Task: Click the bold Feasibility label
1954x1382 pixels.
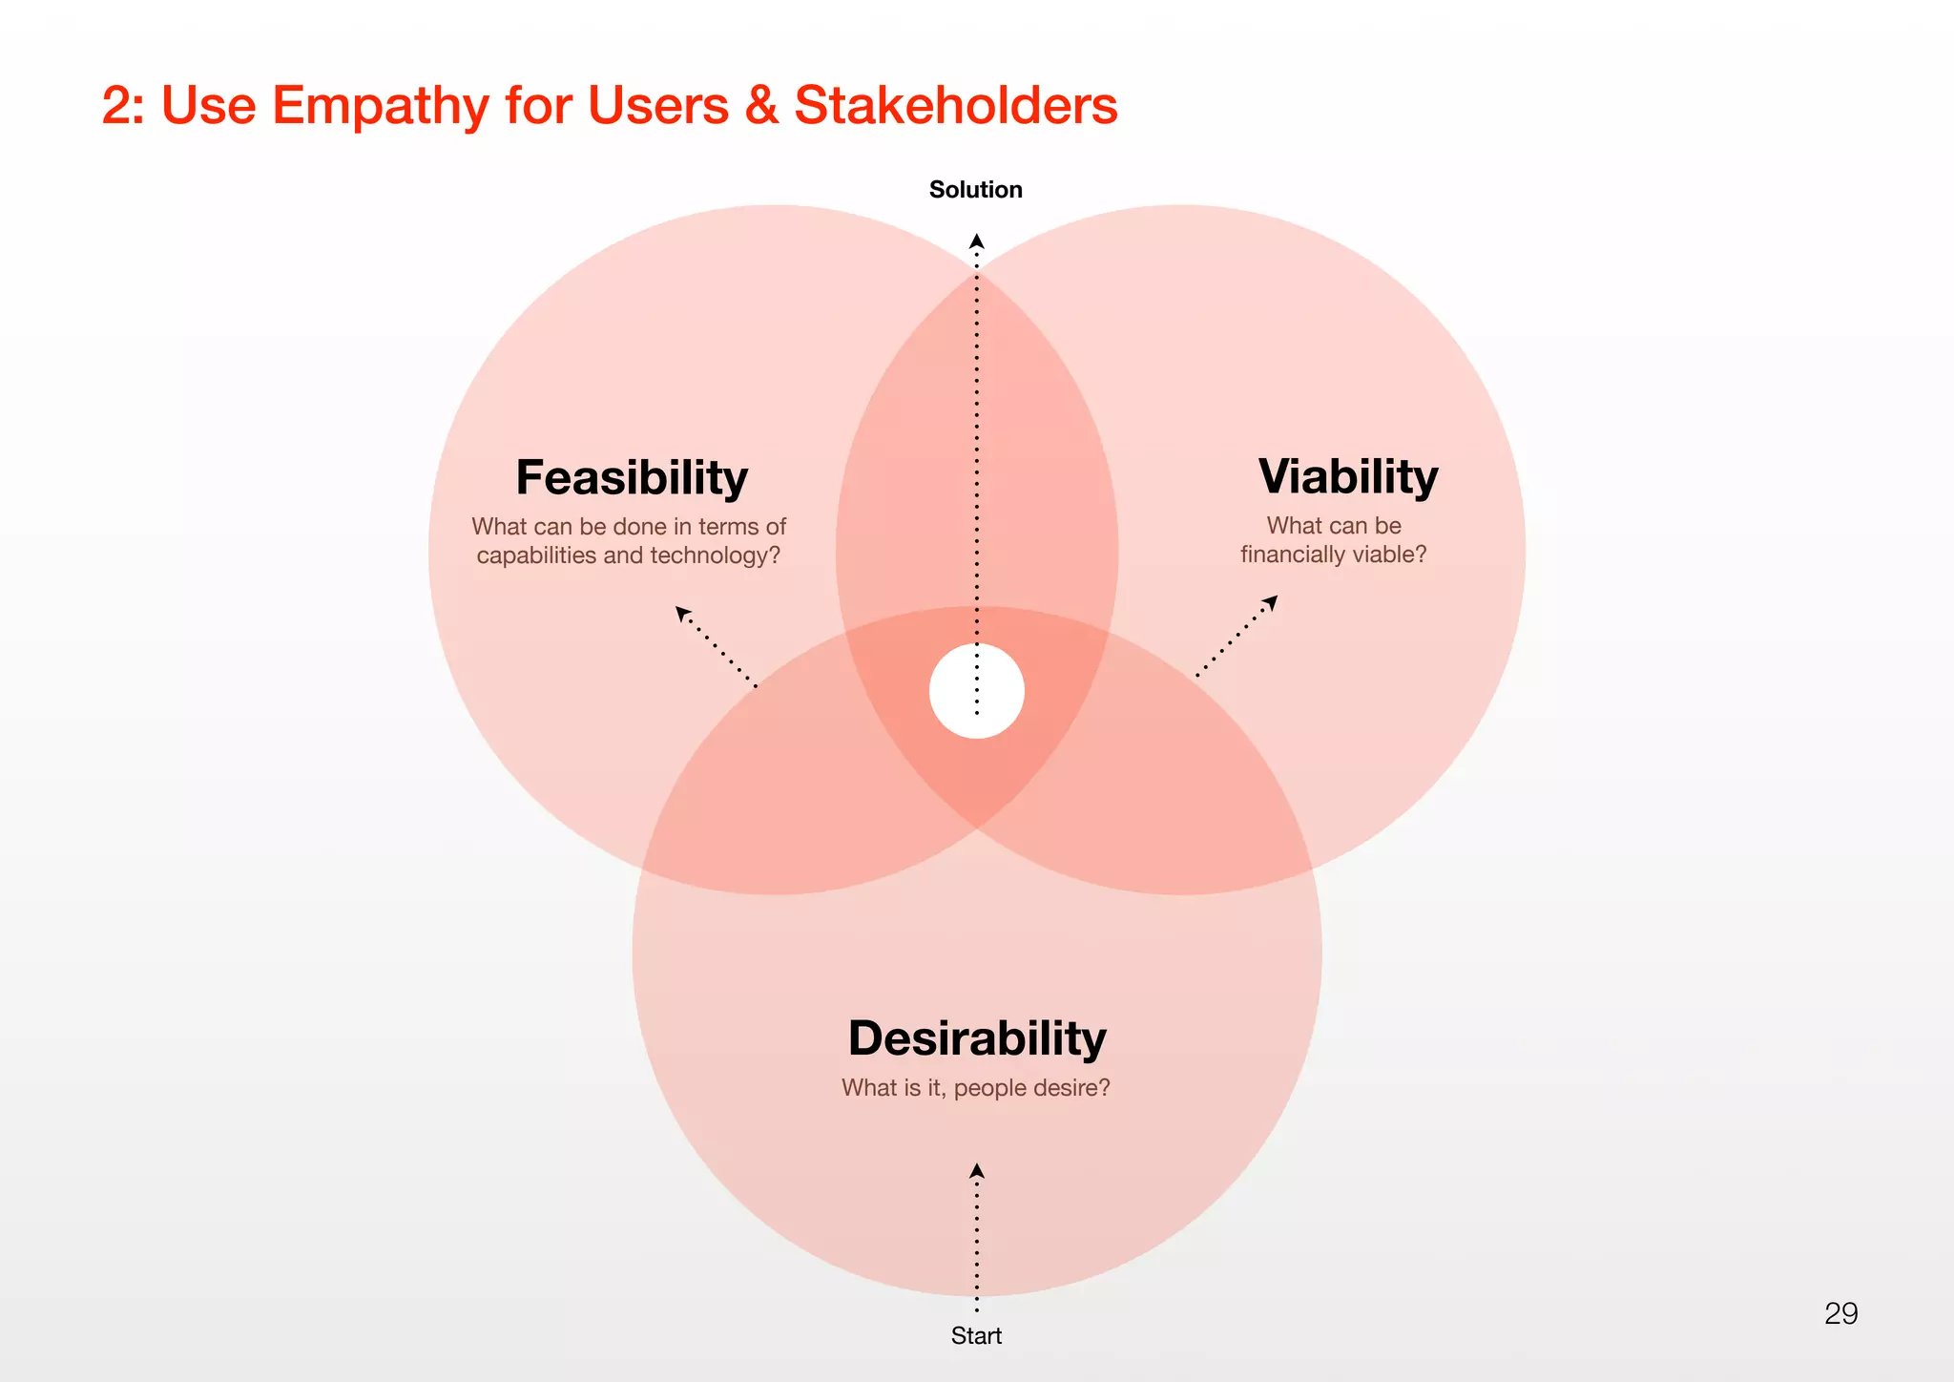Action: click(x=632, y=477)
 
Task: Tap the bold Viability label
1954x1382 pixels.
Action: click(x=1347, y=476)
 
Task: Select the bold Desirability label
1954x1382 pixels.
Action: click(x=977, y=1037)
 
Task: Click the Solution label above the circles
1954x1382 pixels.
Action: click(x=975, y=190)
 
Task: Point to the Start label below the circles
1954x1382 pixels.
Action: click(x=976, y=1335)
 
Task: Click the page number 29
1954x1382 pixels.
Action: click(x=1840, y=1313)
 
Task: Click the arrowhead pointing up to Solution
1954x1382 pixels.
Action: click(x=976, y=241)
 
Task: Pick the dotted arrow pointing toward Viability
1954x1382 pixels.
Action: click(x=1237, y=636)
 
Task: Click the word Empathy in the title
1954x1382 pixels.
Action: click(x=380, y=106)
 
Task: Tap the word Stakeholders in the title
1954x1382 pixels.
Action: click(x=955, y=105)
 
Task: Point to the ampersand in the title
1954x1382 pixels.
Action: click(x=761, y=105)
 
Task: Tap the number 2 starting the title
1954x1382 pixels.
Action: click(x=116, y=105)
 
